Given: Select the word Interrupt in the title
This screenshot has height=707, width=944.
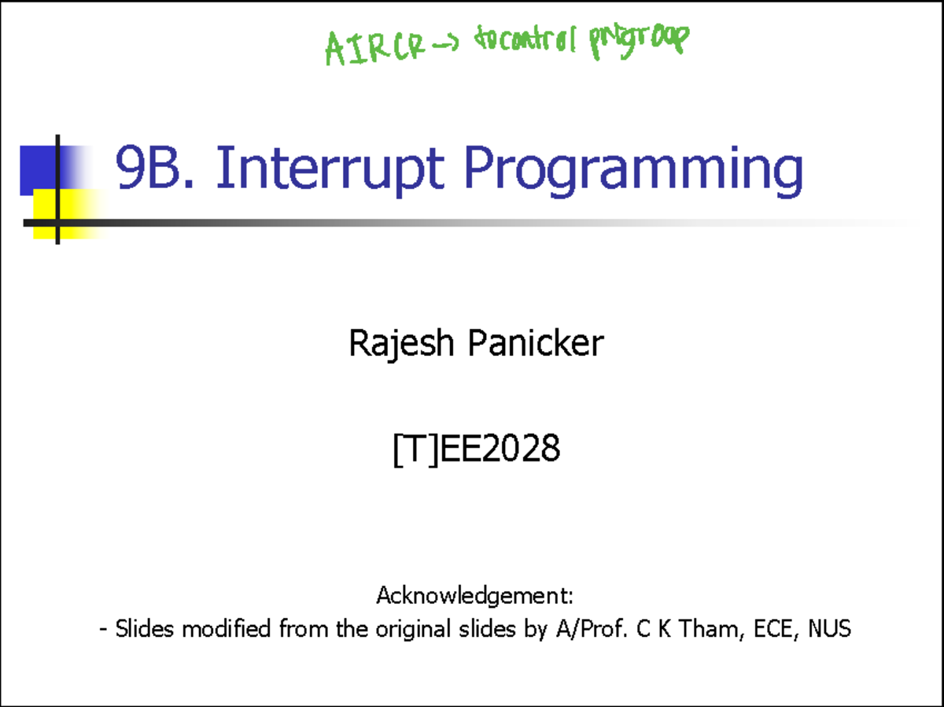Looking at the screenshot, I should pyautogui.click(x=330, y=169).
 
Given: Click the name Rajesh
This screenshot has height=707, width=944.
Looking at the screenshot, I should pyautogui.click(x=397, y=344).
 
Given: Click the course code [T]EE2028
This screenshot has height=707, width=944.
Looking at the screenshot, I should pyautogui.click(x=476, y=450).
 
